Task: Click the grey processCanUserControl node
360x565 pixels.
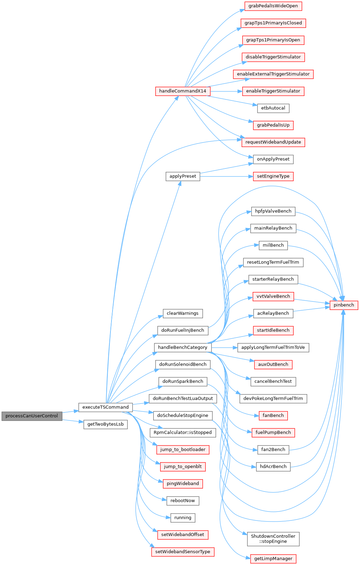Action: coord(32,416)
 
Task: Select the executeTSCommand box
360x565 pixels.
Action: coord(105,407)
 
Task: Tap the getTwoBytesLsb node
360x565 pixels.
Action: coord(105,424)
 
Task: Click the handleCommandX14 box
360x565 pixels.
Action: coord(183,91)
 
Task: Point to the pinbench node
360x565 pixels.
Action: coord(344,305)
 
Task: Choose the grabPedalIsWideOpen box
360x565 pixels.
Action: coord(273,6)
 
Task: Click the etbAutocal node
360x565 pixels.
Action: coord(273,108)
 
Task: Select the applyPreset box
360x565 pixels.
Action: coord(183,176)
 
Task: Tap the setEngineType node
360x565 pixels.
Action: coord(273,176)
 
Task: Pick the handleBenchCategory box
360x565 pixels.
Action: coord(183,347)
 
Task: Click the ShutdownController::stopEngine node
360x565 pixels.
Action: coord(273,539)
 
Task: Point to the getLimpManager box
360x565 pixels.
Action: coord(273,558)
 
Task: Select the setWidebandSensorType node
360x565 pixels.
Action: coord(183,552)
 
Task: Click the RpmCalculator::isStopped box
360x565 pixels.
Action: coord(183,432)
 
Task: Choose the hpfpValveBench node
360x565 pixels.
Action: coord(273,211)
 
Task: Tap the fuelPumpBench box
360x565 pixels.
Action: coord(273,432)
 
